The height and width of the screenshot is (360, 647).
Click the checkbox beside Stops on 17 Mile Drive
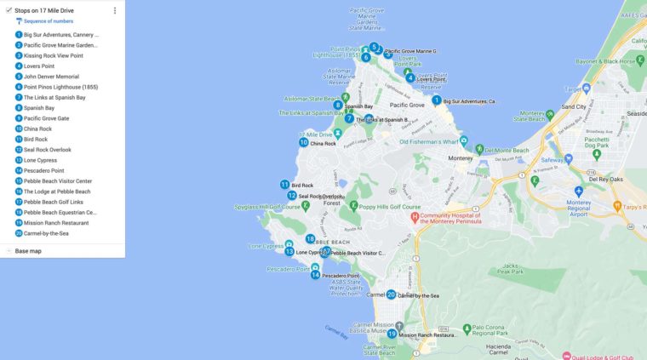[8, 10]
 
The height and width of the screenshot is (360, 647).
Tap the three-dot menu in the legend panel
[115, 10]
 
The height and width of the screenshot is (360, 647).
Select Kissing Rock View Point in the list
[53, 55]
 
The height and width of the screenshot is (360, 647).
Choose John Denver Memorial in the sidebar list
[51, 77]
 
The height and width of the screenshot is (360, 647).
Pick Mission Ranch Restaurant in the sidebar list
[56, 222]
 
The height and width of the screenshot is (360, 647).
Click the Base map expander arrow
[8, 251]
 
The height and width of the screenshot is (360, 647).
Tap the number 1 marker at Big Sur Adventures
[437, 100]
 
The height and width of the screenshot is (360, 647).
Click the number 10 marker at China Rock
[303, 142]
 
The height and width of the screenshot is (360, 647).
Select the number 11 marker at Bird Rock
[284, 185]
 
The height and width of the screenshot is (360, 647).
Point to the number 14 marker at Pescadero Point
[315, 275]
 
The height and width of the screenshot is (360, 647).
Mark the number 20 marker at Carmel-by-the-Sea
[391, 294]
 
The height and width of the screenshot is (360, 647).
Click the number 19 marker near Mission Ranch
[392, 334]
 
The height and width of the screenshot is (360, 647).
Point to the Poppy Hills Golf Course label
[389, 207]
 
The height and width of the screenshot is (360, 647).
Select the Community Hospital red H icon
[415, 216]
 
